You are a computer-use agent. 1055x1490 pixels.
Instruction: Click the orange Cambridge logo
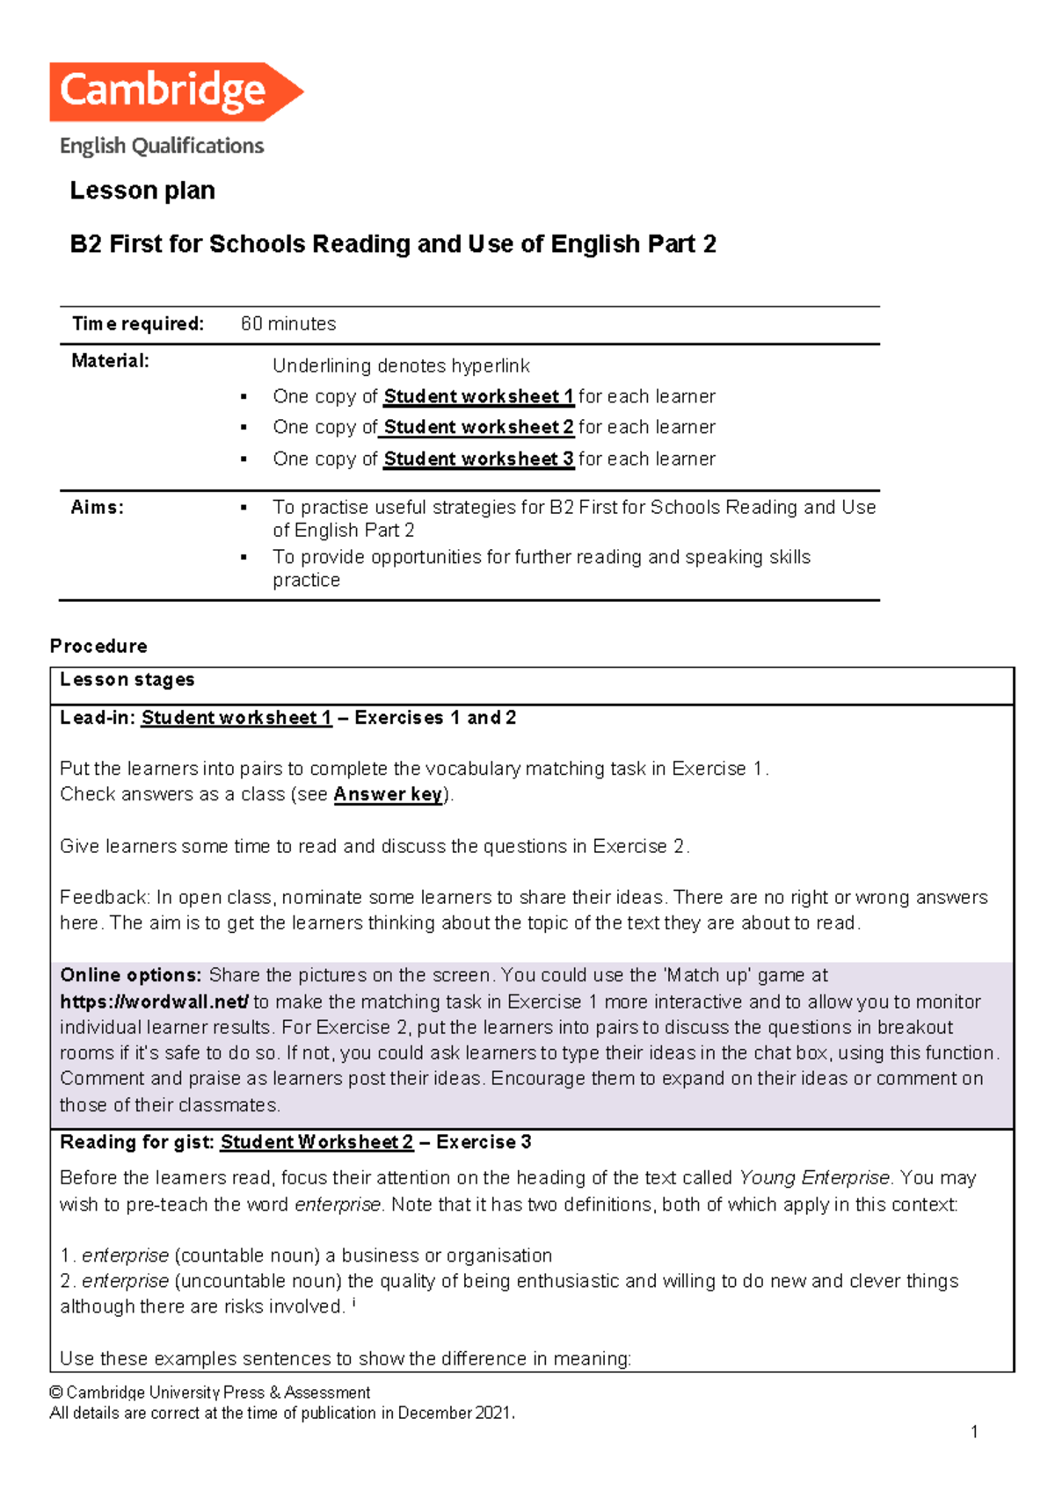coord(176,91)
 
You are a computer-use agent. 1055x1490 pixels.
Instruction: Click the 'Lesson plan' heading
coord(142,191)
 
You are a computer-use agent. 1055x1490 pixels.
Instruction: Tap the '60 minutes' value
coord(288,324)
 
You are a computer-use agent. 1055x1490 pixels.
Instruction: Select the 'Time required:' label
coord(137,324)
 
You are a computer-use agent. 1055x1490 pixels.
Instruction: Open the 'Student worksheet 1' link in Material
coord(478,397)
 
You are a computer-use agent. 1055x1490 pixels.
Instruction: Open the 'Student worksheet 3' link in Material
coord(478,459)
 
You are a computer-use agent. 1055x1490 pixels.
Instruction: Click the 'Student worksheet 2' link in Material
coord(478,428)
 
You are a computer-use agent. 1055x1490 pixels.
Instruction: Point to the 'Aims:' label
coord(97,508)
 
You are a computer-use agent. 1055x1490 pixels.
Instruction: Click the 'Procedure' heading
coord(98,647)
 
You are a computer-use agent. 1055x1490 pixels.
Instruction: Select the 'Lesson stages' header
coord(127,680)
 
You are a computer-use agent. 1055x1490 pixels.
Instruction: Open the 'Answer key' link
coord(388,794)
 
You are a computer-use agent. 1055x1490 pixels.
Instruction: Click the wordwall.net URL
coord(155,1002)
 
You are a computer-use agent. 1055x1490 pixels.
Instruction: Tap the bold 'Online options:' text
coord(131,975)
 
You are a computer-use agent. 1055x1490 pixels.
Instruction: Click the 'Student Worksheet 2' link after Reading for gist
coord(316,1142)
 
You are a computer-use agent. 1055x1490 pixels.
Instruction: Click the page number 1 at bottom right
coord(974,1432)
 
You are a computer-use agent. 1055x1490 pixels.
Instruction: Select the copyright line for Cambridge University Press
coord(210,1392)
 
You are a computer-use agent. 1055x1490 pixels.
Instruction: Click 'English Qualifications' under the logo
coord(162,146)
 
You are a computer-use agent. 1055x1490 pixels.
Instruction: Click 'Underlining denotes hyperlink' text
coord(401,366)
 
